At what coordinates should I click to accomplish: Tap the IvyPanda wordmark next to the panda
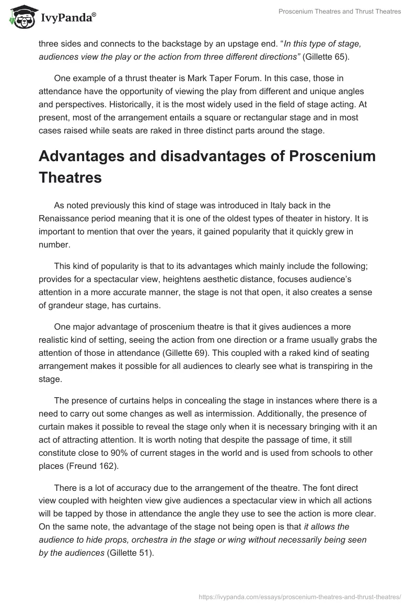67,18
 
